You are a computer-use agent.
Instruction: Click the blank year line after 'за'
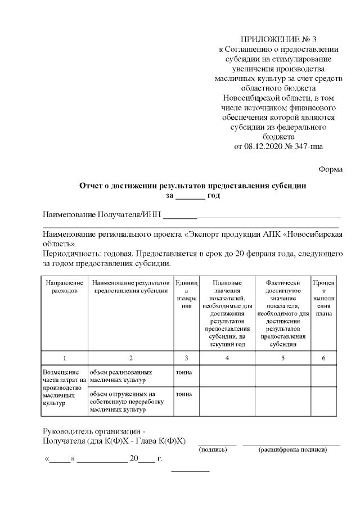coord(191,197)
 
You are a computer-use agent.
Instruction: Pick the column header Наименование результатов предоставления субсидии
coord(130,286)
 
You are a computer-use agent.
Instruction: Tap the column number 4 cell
coord(227,358)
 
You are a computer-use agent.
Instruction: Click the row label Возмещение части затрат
coord(64,388)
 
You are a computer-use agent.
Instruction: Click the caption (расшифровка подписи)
coord(292,450)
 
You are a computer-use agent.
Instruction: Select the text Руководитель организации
coord(94,431)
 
